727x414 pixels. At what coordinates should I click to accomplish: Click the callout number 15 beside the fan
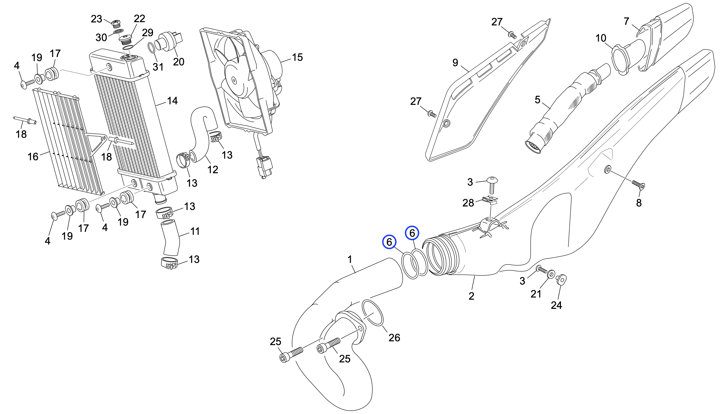coord(297,58)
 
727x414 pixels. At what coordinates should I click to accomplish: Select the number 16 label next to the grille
coord(33,157)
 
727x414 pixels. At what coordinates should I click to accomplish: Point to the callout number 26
coord(394,338)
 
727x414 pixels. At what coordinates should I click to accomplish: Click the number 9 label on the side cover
coord(455,62)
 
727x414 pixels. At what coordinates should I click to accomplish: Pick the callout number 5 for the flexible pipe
coord(537,100)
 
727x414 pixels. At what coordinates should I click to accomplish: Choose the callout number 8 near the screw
coord(639,203)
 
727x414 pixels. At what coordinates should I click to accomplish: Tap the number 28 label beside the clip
coord(468,203)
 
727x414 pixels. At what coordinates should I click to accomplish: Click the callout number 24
coord(556,305)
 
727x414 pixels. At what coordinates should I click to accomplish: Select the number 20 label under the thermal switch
coord(179,62)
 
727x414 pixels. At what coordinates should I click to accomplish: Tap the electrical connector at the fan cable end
coord(265,167)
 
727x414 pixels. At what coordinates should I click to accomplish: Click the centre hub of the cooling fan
coord(234,80)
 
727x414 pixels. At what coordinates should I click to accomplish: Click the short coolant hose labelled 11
coord(171,238)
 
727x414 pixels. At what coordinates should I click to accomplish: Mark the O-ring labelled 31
coord(152,48)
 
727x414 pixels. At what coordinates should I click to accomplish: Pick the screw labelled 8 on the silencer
coord(638,185)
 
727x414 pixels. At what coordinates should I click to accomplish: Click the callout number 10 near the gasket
coord(601,38)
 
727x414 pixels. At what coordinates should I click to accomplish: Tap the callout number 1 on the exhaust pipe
coord(350,259)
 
